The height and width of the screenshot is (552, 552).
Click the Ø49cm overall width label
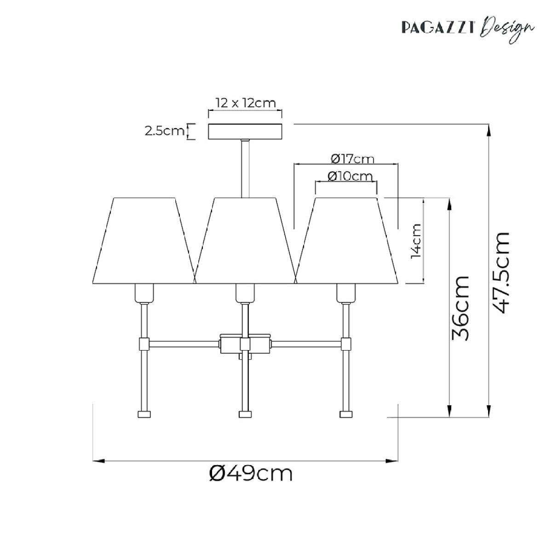(x=251, y=474)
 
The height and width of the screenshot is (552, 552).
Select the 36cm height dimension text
(x=460, y=308)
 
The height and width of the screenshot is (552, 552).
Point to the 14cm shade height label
(x=416, y=241)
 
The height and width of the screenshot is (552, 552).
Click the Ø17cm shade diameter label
(x=352, y=159)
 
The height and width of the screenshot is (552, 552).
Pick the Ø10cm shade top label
(x=350, y=176)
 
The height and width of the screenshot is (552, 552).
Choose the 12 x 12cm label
(x=246, y=103)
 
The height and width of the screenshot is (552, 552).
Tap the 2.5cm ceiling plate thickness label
(x=164, y=131)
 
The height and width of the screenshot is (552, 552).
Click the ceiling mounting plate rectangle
(x=245, y=132)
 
